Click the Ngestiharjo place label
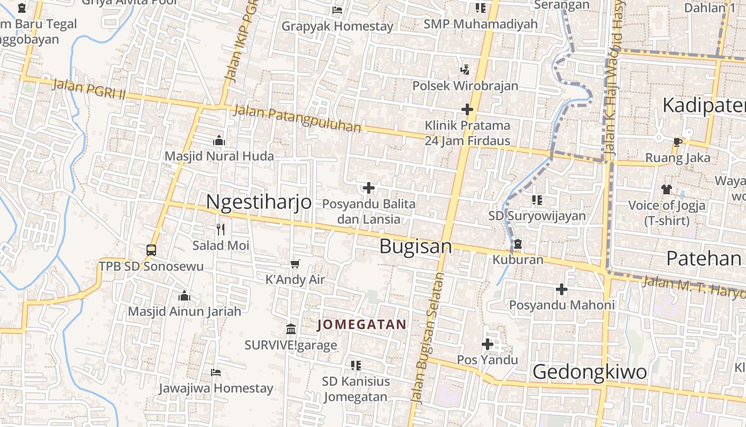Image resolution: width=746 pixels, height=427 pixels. [258, 202]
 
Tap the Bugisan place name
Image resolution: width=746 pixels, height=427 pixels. [416, 247]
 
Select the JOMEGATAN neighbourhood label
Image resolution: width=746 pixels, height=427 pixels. [362, 325]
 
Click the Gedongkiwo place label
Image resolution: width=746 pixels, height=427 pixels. [590, 372]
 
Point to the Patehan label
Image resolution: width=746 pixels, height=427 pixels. [704, 259]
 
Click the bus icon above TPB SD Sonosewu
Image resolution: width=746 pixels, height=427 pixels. [151, 250]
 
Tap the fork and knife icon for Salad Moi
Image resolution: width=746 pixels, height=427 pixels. [221, 230]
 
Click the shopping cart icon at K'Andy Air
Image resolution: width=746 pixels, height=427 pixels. [295, 264]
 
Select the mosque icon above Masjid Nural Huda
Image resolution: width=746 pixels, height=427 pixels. [218, 140]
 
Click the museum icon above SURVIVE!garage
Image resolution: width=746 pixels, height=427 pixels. [291, 329]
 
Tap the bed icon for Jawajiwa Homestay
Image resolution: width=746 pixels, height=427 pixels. [216, 372]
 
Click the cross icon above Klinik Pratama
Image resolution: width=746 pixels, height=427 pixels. [467, 109]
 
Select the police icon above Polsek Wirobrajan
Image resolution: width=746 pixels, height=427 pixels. [465, 69]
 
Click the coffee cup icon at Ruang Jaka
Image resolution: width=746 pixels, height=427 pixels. [677, 142]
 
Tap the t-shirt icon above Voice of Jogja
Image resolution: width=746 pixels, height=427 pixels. [667, 189]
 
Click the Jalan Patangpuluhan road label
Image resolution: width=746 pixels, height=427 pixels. [297, 119]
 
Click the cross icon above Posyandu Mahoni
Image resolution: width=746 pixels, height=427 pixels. [562, 289]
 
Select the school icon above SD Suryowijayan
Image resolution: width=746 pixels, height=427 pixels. [537, 200]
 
